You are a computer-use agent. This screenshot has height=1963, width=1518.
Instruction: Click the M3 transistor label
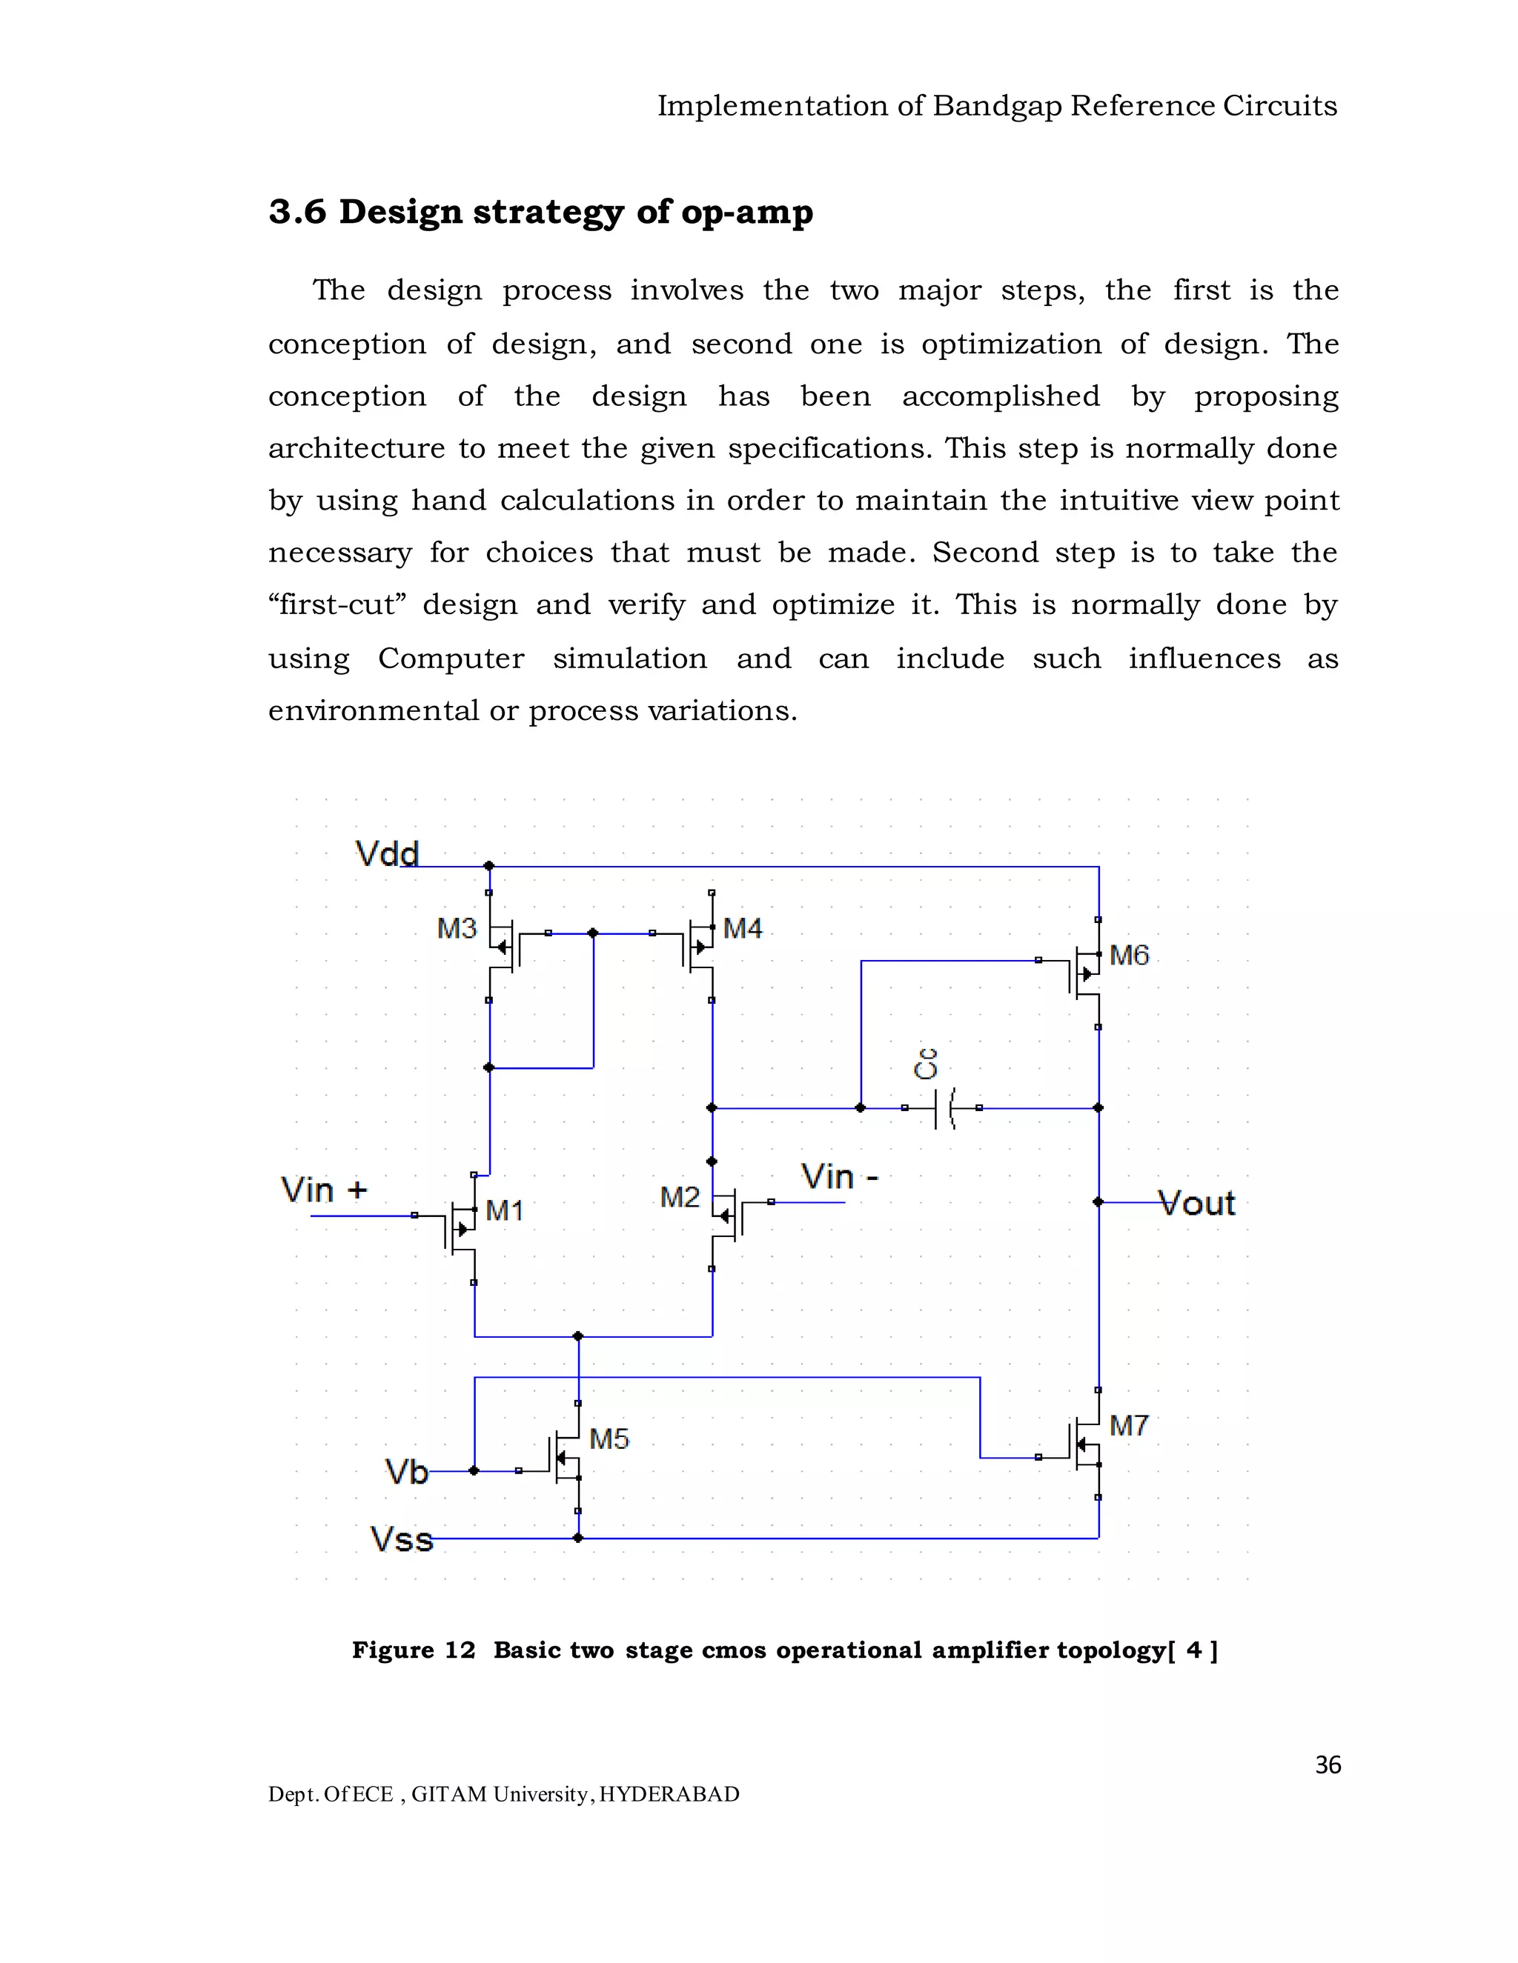click(x=456, y=928)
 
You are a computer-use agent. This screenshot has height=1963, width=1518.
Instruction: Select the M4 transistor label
click(x=742, y=928)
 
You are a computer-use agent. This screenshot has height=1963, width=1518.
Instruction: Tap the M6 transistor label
click(x=1129, y=956)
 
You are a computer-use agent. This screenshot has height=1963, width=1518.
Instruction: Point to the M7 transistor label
click(x=1129, y=1425)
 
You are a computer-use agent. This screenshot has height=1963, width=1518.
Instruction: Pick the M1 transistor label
click(x=505, y=1210)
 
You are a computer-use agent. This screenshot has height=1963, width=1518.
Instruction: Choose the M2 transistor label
click(x=679, y=1197)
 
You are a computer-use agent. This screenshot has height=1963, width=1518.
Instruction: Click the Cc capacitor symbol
click(x=943, y=1108)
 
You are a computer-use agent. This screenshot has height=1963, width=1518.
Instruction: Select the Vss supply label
click(x=401, y=1540)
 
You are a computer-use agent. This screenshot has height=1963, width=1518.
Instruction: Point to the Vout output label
click(x=1197, y=1204)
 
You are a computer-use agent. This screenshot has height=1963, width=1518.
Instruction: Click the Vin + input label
click(x=324, y=1190)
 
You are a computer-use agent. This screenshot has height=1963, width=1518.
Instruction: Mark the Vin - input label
click(x=839, y=1176)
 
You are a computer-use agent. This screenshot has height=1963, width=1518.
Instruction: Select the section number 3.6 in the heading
click(x=296, y=212)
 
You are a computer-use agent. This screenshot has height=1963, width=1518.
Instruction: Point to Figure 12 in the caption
click(x=413, y=1650)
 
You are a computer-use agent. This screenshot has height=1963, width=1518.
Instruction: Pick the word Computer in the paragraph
click(x=451, y=659)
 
